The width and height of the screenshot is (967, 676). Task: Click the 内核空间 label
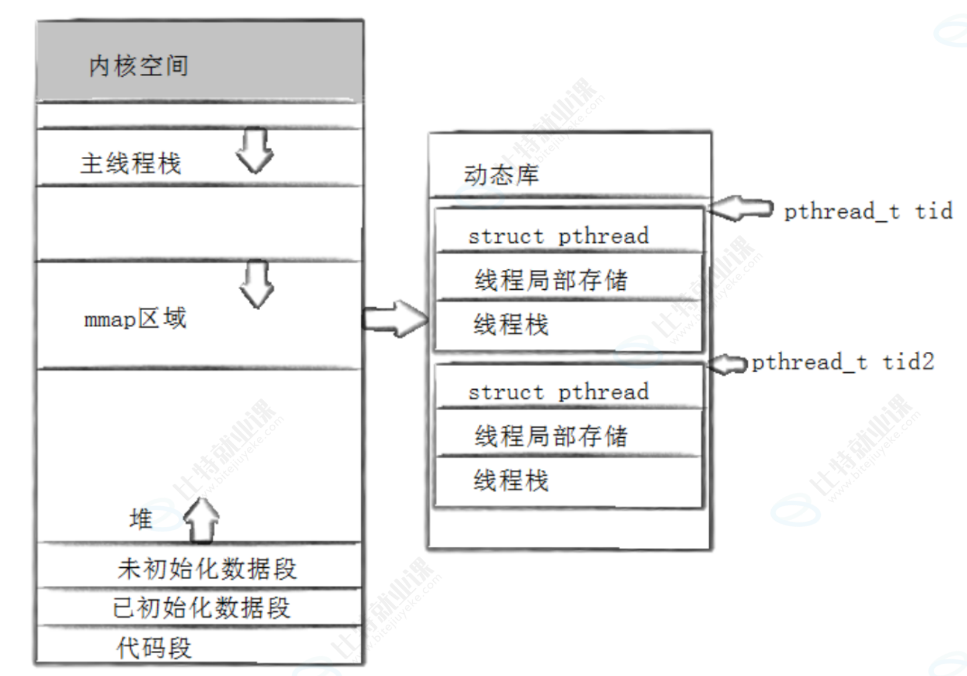pos(139,66)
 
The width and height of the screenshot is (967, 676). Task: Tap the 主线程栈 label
pos(130,163)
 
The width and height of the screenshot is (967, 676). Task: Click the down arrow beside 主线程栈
pos(255,150)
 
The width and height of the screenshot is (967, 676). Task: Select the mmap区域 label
pos(135,319)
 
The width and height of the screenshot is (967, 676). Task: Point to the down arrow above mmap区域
pos(257,284)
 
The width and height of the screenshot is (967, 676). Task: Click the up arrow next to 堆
pos(202,520)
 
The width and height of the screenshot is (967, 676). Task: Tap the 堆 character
pos(140,519)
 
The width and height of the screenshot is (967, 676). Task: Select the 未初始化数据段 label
pos(207,568)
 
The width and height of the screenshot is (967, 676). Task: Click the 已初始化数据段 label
pos(201,608)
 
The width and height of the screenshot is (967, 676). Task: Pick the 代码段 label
pos(154,648)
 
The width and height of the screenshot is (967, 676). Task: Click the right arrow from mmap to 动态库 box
pos(395,319)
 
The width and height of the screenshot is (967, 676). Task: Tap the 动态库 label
pos(501,175)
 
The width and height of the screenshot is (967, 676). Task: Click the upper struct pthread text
pos(558,236)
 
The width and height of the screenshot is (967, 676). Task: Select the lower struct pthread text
pos(558,392)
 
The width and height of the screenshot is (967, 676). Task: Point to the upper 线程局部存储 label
pos(551,280)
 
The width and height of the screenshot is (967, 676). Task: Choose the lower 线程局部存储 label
pos(551,436)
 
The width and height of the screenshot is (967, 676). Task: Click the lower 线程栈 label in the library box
pos(511,481)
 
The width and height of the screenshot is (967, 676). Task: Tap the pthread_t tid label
pos(868,211)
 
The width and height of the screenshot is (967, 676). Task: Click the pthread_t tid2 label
pos(842,362)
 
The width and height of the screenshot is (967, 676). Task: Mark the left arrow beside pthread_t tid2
pos(727,364)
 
